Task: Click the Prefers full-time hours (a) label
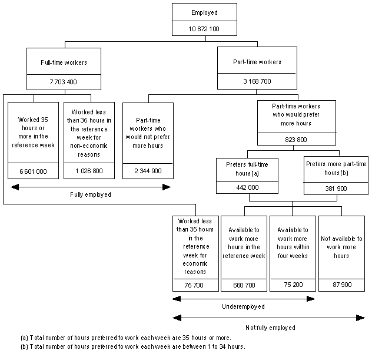(x=240, y=169)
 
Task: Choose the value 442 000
(x=240, y=187)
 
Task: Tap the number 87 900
(x=341, y=284)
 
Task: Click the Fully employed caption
(x=90, y=194)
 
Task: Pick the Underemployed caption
(x=243, y=307)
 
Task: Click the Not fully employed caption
(x=268, y=327)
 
